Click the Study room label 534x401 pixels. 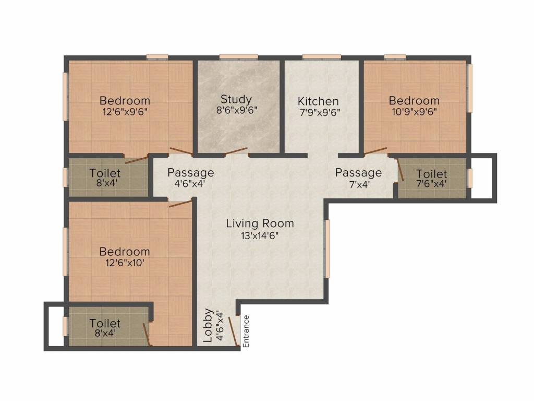pos(236,99)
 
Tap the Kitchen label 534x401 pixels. pos(318,101)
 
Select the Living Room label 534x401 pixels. pos(260,223)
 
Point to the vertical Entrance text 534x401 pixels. pos(246,332)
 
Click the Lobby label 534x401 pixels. pos(208,325)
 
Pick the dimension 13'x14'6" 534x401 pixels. pos(260,235)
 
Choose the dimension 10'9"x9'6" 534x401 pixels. pos(414,112)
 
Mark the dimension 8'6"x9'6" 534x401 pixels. pos(236,110)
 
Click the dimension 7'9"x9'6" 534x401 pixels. pos(320,112)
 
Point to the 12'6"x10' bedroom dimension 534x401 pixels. pos(125,263)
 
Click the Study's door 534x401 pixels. pos(236,152)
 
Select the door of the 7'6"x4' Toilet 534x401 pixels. pos(400,169)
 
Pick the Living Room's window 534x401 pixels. pos(327,249)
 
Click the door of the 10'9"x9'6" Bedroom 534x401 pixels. pos(375,151)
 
